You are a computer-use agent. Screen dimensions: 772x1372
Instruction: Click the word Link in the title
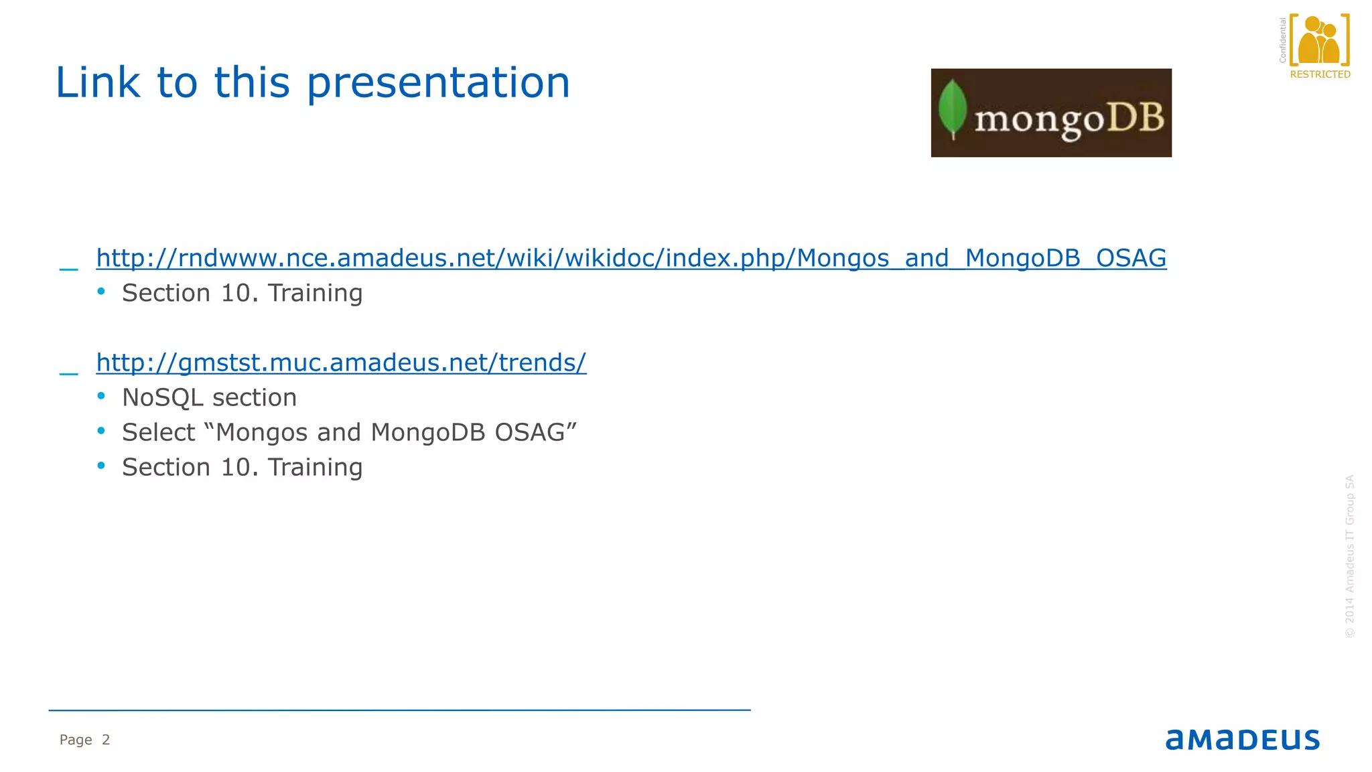pyautogui.click(x=98, y=83)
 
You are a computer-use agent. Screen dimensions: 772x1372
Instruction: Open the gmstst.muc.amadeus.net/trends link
pyautogui.click(x=341, y=363)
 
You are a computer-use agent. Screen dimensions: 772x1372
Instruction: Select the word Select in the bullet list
pyautogui.click(x=158, y=433)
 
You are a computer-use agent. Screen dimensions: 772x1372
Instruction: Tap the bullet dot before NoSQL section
pyautogui.click(x=101, y=396)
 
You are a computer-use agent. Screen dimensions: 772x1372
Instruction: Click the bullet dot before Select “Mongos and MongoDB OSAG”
pyautogui.click(x=101, y=431)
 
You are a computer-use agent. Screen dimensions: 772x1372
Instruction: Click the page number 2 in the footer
pyautogui.click(x=106, y=740)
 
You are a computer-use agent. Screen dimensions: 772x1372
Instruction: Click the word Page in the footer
pyautogui.click(x=76, y=740)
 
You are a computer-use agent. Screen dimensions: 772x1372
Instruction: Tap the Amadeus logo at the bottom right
pyautogui.click(x=1243, y=739)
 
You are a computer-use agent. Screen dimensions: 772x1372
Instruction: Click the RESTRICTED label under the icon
pyautogui.click(x=1320, y=74)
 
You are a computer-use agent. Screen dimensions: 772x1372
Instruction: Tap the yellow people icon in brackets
pyautogui.click(x=1319, y=40)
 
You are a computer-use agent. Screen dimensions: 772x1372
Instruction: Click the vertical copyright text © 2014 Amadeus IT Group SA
pyautogui.click(x=1349, y=556)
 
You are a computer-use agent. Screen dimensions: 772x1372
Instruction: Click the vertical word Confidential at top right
pyautogui.click(x=1282, y=40)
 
